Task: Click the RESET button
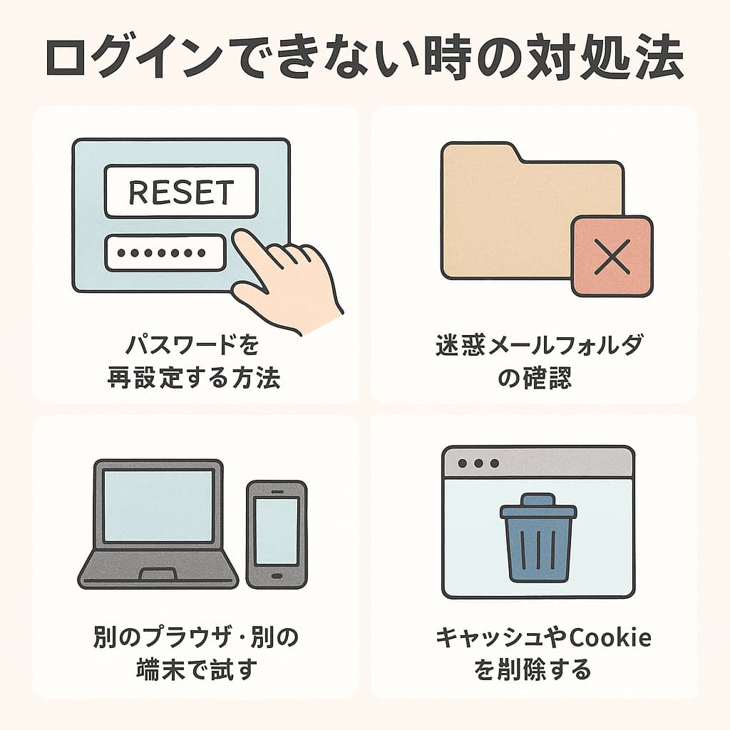[181, 191]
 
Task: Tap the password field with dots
[165, 253]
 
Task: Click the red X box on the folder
[612, 256]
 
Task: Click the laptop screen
[158, 505]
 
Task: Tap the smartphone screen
[277, 531]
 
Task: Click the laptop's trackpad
[158, 574]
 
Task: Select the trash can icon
[538, 538]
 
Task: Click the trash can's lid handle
[538, 500]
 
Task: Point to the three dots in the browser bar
[478, 463]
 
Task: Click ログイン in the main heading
[135, 58]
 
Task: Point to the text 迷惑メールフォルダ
[540, 346]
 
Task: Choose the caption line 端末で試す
[196, 669]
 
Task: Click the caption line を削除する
[532, 669]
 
